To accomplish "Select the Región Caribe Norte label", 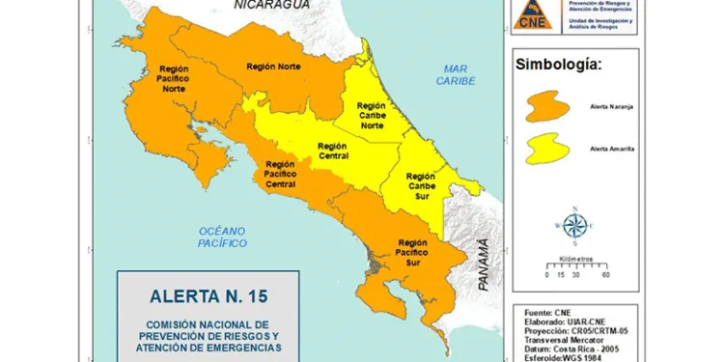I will [x=372, y=116].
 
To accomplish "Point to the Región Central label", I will [x=333, y=151].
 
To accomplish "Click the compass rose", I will [x=574, y=224].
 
